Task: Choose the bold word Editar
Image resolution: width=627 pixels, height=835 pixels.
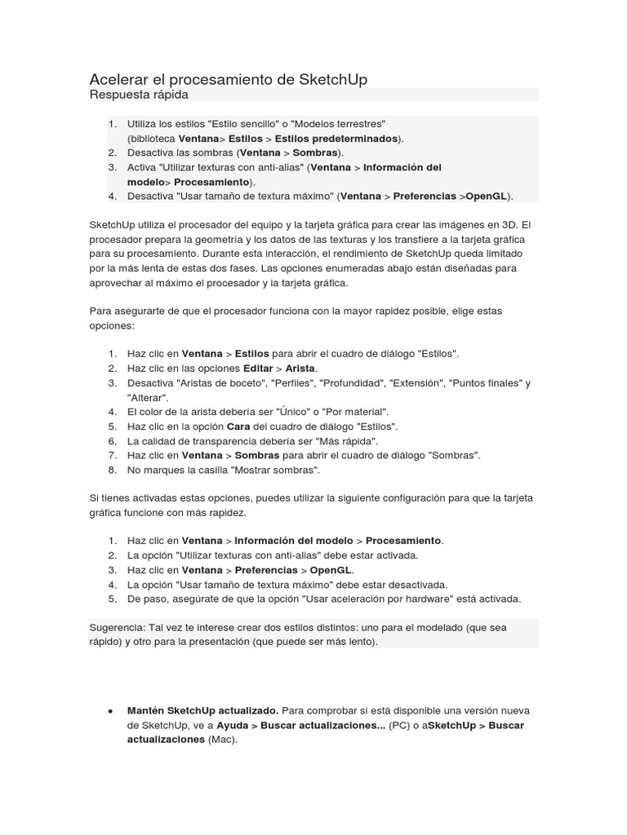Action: [x=257, y=368]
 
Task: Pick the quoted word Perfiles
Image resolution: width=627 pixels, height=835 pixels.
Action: [x=291, y=382]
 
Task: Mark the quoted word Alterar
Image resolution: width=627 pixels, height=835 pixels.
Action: [x=148, y=397]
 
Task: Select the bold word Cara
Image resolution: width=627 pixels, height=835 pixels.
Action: [x=238, y=426]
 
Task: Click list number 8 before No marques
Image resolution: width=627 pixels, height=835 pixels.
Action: [x=111, y=471]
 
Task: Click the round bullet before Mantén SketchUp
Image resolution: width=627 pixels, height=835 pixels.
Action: [x=110, y=710]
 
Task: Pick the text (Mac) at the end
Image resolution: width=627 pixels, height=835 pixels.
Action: [x=222, y=740]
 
